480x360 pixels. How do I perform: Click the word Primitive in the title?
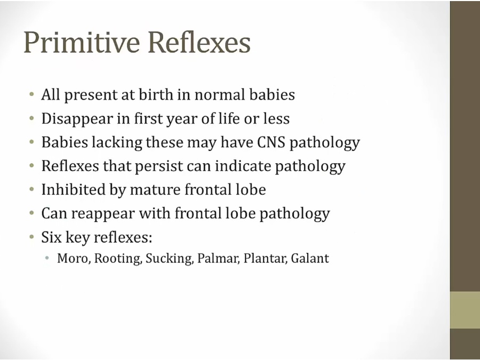click(x=82, y=42)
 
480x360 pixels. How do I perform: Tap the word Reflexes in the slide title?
click(x=199, y=42)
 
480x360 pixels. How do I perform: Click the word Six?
click(x=51, y=237)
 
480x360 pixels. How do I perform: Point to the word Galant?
click(x=310, y=258)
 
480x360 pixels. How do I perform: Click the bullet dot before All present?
click(x=31, y=94)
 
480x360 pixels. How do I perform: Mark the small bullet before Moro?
click(x=47, y=258)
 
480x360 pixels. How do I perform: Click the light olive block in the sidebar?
click(x=465, y=310)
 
